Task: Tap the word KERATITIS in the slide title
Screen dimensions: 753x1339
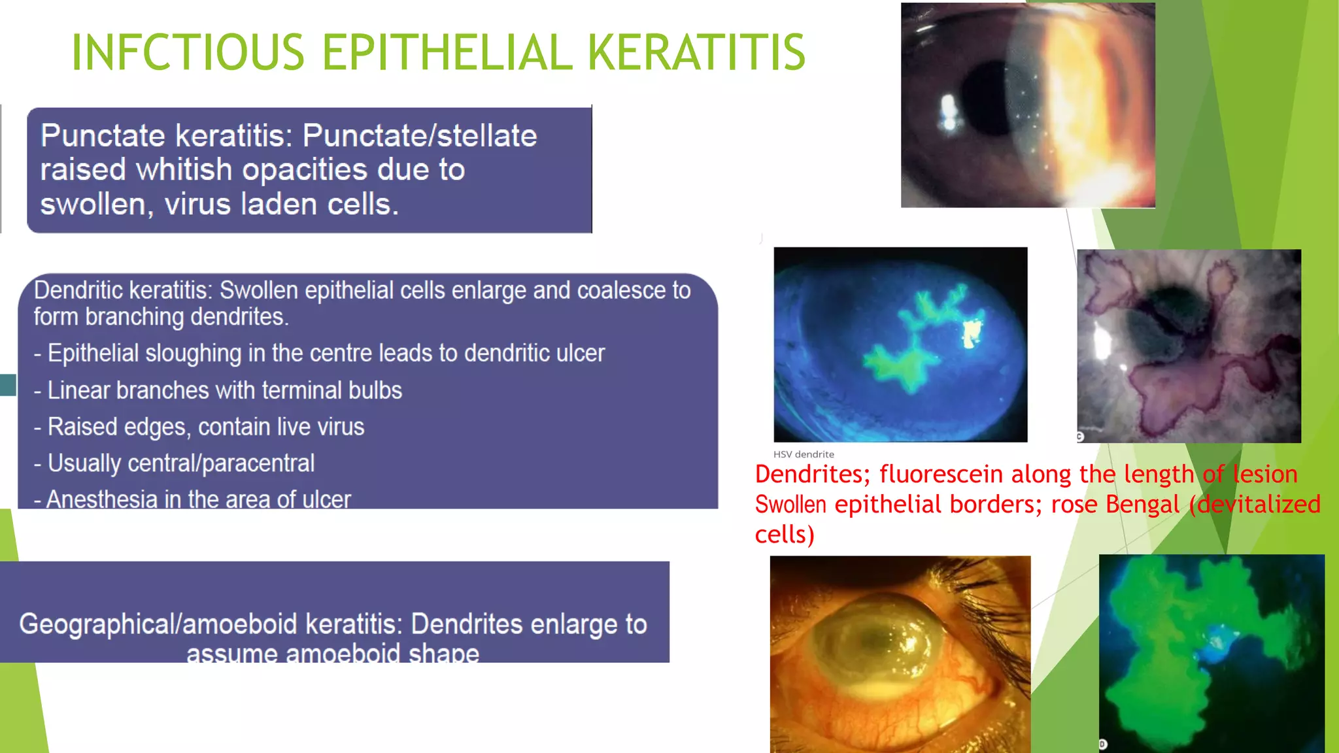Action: coord(696,52)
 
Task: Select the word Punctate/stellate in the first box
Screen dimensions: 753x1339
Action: coord(419,136)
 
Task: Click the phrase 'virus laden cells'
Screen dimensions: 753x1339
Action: coord(281,205)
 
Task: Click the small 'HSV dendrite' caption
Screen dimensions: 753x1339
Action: coord(804,454)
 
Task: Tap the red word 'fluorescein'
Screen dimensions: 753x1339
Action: coord(941,474)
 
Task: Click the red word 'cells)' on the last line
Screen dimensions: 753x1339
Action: coord(785,535)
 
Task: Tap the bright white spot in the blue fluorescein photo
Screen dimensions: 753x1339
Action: coord(971,332)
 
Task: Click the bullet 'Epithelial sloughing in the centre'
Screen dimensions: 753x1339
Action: coord(319,354)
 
